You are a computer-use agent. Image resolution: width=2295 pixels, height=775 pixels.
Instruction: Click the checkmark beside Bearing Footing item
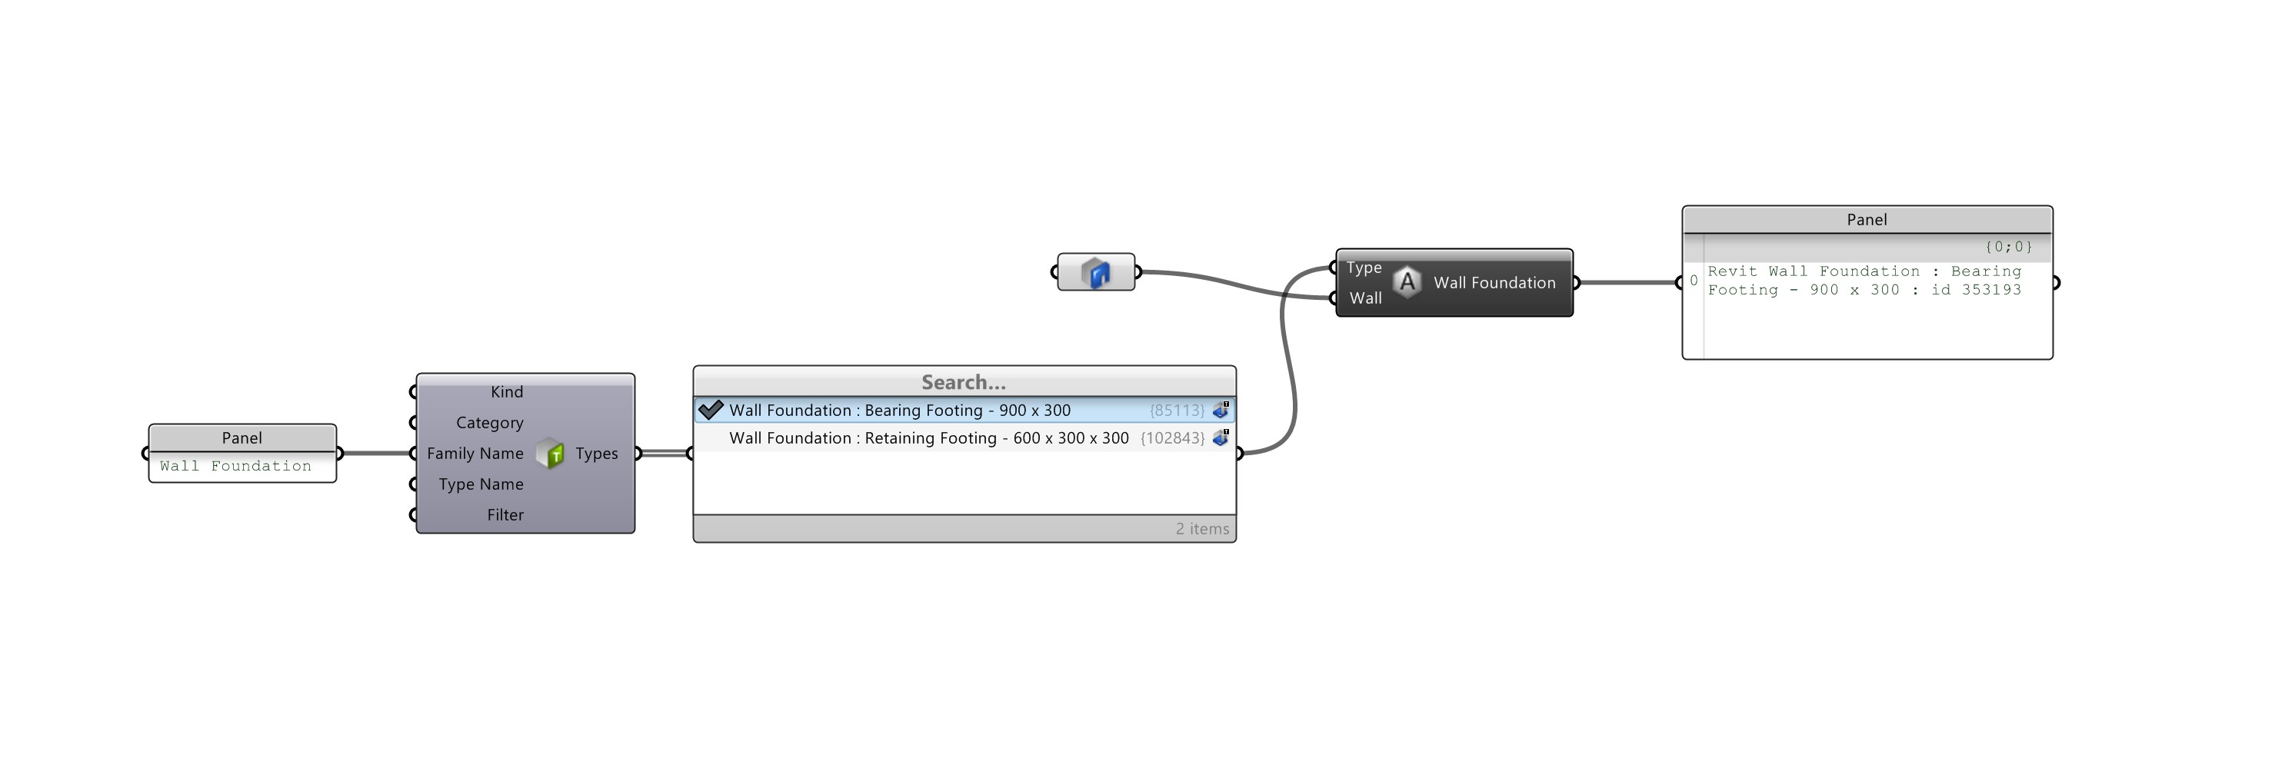point(710,410)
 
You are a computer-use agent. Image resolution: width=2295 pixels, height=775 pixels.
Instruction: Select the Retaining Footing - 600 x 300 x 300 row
point(928,438)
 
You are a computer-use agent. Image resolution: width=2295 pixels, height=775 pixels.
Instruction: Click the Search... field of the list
point(963,382)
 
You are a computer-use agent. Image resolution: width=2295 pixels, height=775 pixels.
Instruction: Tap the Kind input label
point(506,392)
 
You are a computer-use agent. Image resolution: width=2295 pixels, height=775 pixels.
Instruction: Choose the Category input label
point(489,423)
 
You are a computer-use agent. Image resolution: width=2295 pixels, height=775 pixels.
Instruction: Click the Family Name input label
point(475,454)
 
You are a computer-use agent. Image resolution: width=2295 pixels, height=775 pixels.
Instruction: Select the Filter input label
point(505,515)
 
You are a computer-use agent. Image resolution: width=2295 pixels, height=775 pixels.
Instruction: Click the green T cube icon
point(551,454)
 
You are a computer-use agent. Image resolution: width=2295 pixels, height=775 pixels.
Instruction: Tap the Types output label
point(596,454)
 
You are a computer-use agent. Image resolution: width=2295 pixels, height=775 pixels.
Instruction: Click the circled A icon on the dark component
point(1407,282)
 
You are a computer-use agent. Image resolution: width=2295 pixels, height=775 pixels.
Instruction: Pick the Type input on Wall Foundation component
point(1363,268)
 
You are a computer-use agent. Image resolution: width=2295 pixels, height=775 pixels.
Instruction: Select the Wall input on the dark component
point(1365,298)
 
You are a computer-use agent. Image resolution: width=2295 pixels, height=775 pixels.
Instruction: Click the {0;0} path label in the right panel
point(2008,247)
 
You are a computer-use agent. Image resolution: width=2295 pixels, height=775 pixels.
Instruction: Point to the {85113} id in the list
point(1176,411)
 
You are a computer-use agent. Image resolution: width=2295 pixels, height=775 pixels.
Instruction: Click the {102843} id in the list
point(1171,438)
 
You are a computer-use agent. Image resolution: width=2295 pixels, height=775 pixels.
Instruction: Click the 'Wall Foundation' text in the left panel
point(236,466)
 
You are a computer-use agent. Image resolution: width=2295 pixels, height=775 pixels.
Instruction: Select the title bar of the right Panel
point(1867,220)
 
